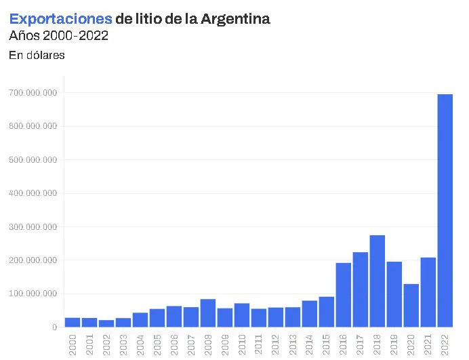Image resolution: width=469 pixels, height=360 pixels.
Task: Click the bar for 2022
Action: point(445,210)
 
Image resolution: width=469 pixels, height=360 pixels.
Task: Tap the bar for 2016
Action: point(344,295)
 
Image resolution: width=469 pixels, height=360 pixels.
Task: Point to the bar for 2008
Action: point(208,313)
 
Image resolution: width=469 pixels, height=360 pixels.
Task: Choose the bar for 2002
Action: point(106,323)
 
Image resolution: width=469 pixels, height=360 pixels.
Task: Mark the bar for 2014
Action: point(310,313)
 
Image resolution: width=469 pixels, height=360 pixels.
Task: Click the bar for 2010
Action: point(242,315)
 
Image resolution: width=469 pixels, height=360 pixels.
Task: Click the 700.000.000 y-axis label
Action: point(33,93)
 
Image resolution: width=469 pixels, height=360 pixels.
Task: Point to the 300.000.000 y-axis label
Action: point(33,226)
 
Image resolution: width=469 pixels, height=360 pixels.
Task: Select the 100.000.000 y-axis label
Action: point(33,294)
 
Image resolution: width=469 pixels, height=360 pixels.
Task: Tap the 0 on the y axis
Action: point(54,327)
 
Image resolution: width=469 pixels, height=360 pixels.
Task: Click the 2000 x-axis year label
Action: point(73,344)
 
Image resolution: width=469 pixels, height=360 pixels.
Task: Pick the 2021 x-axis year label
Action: point(428,344)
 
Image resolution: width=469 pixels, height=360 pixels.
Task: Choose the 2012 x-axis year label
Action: point(276,344)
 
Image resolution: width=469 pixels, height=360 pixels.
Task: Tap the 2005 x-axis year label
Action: point(157,344)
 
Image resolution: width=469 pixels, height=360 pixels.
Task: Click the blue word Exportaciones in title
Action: point(60,19)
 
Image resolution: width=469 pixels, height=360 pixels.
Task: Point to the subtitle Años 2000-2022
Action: point(58,36)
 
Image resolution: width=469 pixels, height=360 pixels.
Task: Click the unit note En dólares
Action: point(37,56)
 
